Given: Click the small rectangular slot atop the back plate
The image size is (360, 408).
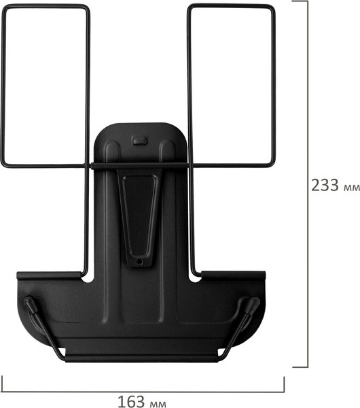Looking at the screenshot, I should tap(140, 141).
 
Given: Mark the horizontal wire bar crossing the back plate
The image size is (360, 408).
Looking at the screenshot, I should tap(140, 165).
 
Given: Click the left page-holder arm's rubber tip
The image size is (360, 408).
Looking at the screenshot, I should tap(30, 303).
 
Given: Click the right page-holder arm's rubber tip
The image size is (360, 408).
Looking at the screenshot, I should tap(252, 304).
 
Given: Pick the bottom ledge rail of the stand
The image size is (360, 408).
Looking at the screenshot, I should tap(141, 357).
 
